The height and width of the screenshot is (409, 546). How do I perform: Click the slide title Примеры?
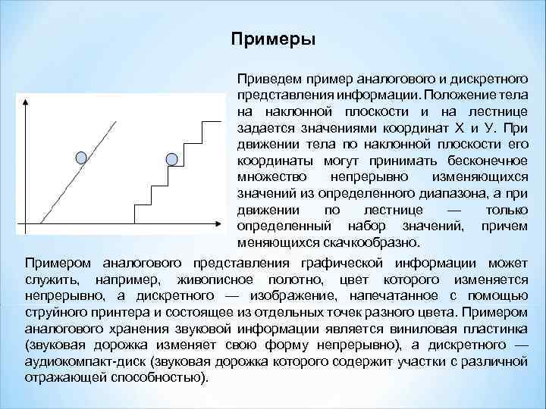click(x=273, y=39)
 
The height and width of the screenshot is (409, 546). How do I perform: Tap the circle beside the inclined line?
click(x=81, y=158)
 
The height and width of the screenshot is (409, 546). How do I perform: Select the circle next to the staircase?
click(x=172, y=158)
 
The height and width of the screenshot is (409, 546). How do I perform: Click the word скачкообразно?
click(x=389, y=242)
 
